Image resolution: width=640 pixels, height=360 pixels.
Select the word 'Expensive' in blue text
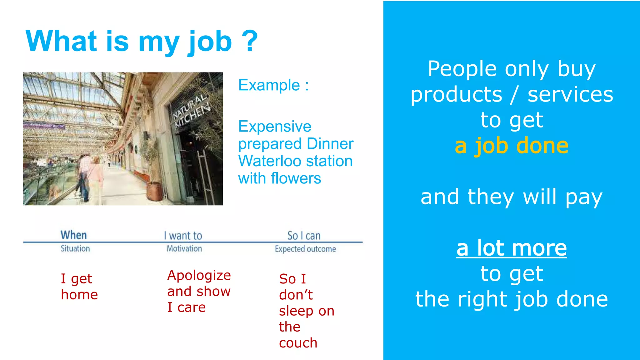point(275,127)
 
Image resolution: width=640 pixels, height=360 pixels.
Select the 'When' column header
point(73,235)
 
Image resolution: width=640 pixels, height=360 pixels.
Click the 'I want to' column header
point(183,236)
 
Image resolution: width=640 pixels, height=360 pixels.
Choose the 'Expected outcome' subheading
point(305,249)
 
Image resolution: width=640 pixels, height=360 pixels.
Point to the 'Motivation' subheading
point(184,249)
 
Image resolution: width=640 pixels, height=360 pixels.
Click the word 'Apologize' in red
point(199,275)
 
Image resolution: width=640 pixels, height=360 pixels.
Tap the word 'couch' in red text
point(298,343)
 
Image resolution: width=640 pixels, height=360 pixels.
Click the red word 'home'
point(79,295)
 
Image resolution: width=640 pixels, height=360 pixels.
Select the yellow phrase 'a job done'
point(512,146)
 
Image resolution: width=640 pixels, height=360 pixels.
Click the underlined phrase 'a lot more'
point(512,248)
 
